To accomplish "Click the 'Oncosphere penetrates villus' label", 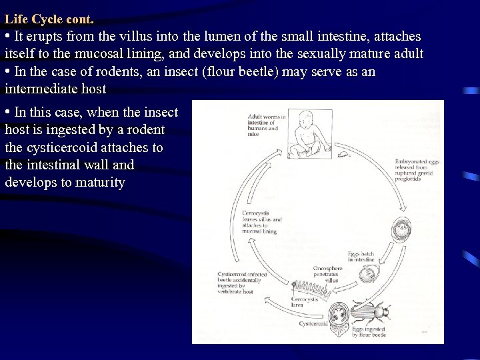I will coord(327,274).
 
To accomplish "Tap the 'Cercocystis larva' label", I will coord(301,303).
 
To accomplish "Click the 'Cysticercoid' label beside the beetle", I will coord(313,324).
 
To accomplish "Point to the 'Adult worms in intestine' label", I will coord(266,125).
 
